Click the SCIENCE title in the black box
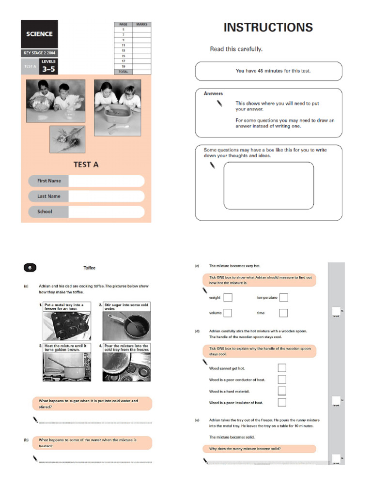pos(39,34)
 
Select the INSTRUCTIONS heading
pos(268,28)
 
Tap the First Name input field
pos(106,181)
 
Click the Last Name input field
pos(106,196)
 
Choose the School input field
pos(106,212)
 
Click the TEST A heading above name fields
pos(86,165)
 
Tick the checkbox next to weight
pos(228,297)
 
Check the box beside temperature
pos(283,297)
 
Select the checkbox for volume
pos(228,313)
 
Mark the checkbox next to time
pos(283,313)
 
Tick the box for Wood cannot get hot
pos(282,368)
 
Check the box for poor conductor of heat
pos(282,379)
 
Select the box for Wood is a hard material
pos(282,391)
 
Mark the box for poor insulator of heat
pos(282,402)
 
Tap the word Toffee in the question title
pos(90,267)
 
